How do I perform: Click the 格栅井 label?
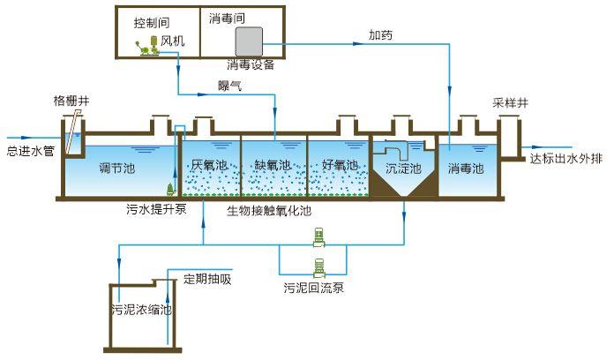click(x=71, y=101)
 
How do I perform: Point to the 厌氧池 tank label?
click(x=209, y=165)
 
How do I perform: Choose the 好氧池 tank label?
click(x=340, y=165)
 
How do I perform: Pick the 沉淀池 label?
click(x=404, y=168)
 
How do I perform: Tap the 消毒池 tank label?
click(x=466, y=167)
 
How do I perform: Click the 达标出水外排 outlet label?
click(x=567, y=160)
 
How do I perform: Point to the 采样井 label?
click(x=509, y=102)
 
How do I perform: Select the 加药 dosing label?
click(x=381, y=36)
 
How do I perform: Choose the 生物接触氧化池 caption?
click(x=268, y=210)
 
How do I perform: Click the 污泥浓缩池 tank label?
click(x=141, y=311)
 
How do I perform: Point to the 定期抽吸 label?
click(x=206, y=280)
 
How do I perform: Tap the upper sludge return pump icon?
click(x=319, y=236)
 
